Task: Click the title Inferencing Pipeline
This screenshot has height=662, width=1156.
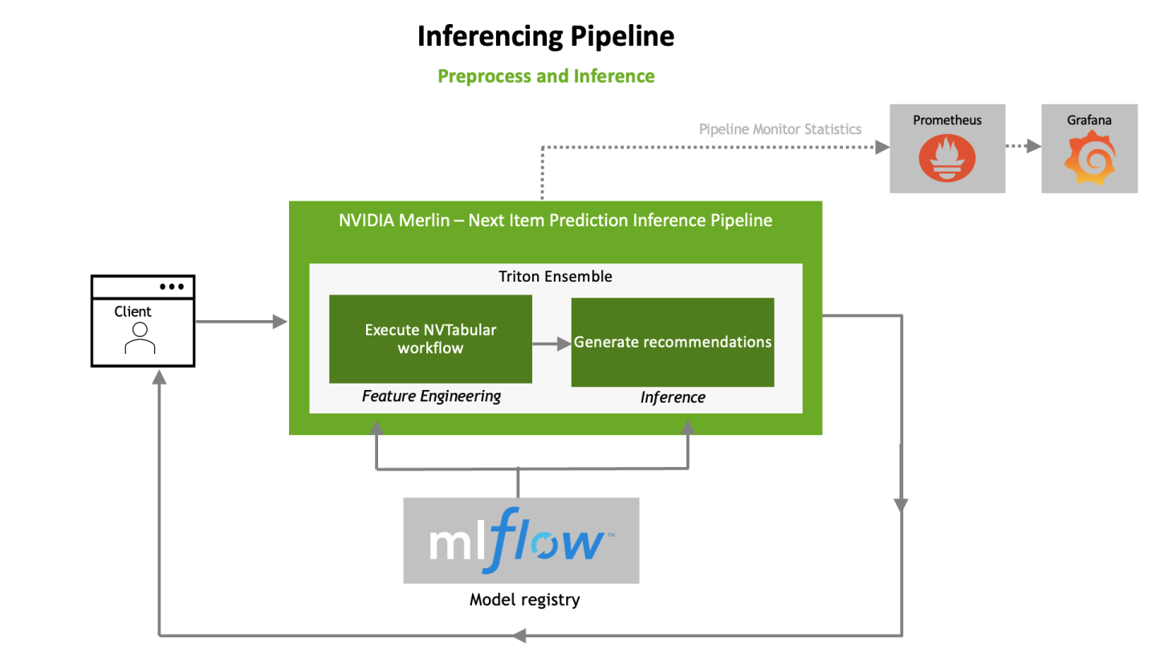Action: coord(545,36)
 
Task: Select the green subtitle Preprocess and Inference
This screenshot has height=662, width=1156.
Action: coord(546,76)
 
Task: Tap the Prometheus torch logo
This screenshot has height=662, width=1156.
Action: coord(946,157)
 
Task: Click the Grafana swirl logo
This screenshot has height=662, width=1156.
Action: coord(1089,157)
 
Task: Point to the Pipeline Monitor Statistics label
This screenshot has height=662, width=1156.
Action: coord(779,129)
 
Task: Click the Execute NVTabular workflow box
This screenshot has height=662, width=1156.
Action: coord(430,339)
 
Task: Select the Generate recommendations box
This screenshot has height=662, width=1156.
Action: coord(672,343)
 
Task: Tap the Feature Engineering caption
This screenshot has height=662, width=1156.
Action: coord(431,396)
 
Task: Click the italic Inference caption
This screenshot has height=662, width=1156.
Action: coord(672,397)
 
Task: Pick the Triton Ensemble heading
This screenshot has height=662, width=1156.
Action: coord(556,277)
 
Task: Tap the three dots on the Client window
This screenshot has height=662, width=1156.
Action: coord(172,286)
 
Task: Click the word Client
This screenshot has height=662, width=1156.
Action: coord(133,311)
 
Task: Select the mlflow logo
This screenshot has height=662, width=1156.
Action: coord(521,540)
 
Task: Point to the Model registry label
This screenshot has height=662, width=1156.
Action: coord(524,599)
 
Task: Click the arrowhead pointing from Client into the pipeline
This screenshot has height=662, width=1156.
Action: coord(280,322)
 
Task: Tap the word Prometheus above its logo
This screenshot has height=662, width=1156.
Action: coord(947,120)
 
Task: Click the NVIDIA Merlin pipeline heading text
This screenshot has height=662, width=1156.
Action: coord(556,221)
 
